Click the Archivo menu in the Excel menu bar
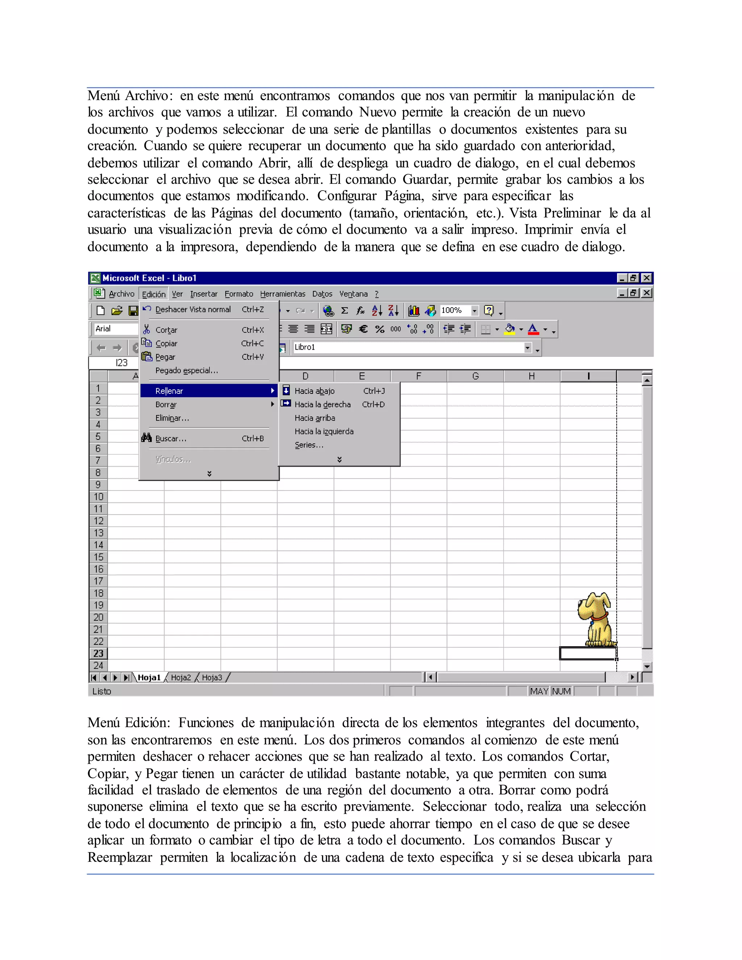(x=121, y=294)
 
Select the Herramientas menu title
(x=282, y=294)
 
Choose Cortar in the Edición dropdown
(x=166, y=330)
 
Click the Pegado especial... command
(x=186, y=370)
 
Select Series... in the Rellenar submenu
(x=309, y=445)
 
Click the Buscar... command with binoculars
(x=171, y=438)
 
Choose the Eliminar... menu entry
(x=172, y=418)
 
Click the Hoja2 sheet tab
(x=181, y=677)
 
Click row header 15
(x=98, y=557)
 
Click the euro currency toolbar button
(x=363, y=329)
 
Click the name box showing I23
(x=114, y=363)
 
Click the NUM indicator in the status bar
(x=561, y=691)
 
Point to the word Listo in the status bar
(x=101, y=691)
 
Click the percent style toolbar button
(x=379, y=329)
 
